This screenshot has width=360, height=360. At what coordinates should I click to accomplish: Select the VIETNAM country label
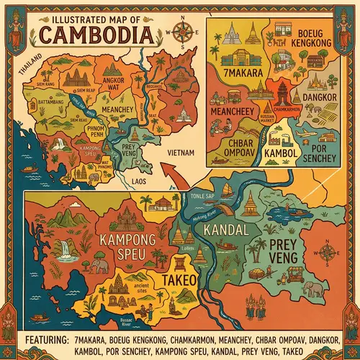pyautogui.click(x=179, y=153)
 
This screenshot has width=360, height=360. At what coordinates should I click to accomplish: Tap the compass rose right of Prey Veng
pyautogui.click(x=328, y=253)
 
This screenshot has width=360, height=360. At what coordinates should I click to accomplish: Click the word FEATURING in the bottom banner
pyautogui.click(x=37, y=338)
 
